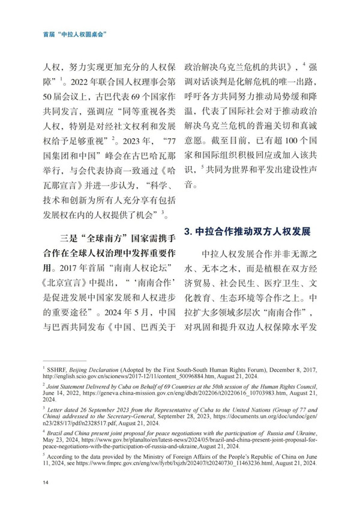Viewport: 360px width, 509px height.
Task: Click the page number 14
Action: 46,483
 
